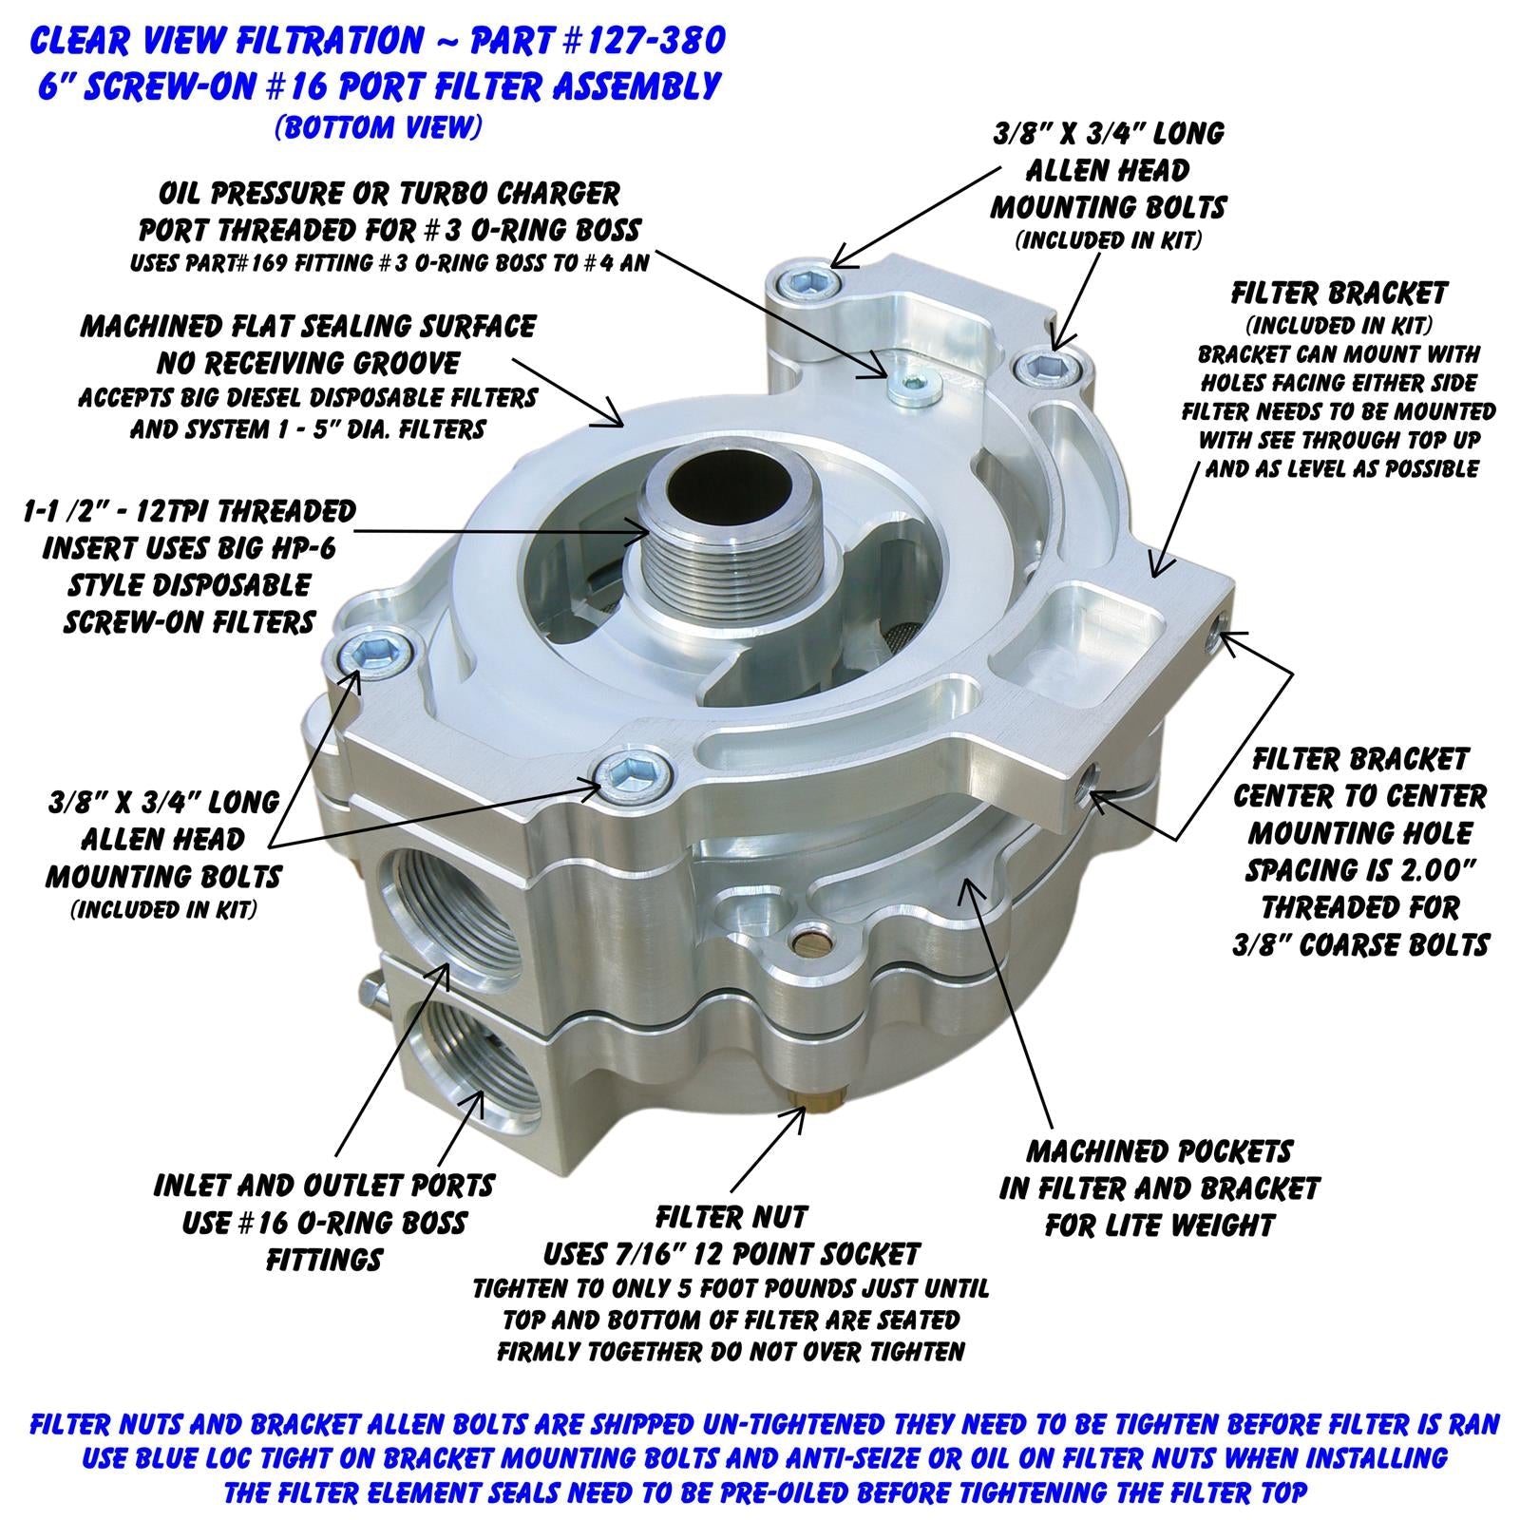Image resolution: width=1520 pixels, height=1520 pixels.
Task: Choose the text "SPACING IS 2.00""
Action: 1359,870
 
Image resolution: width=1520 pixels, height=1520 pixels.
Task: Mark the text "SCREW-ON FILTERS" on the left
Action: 189,622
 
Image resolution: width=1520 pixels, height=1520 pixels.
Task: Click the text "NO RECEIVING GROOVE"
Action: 308,363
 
